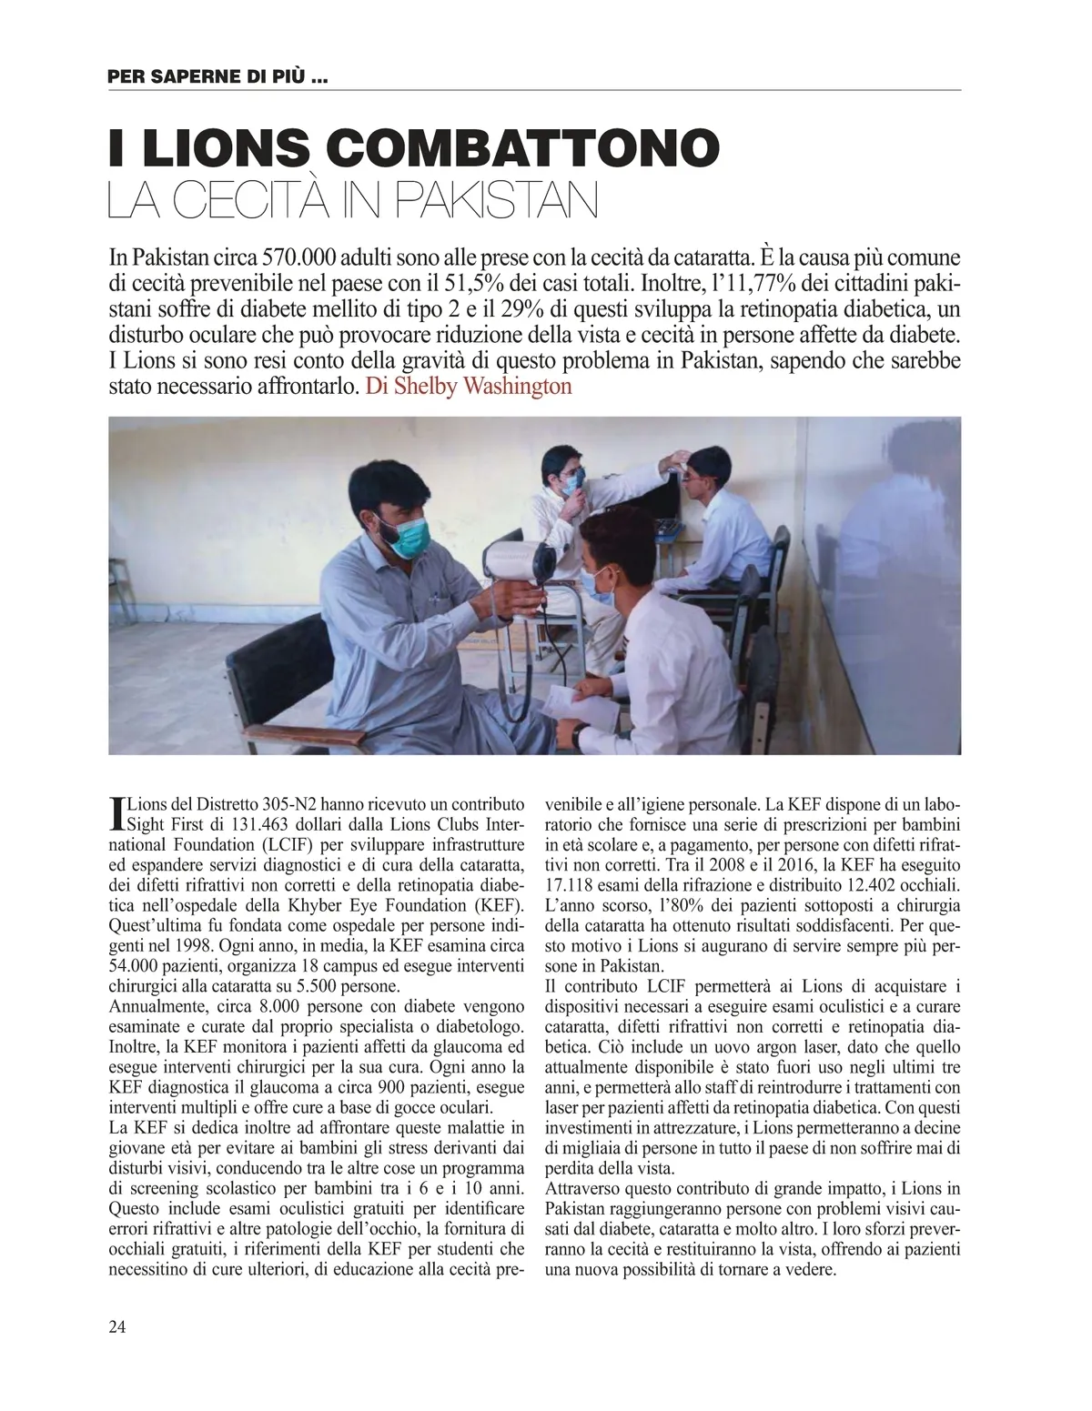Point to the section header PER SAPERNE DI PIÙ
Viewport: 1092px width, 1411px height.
(x=217, y=78)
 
